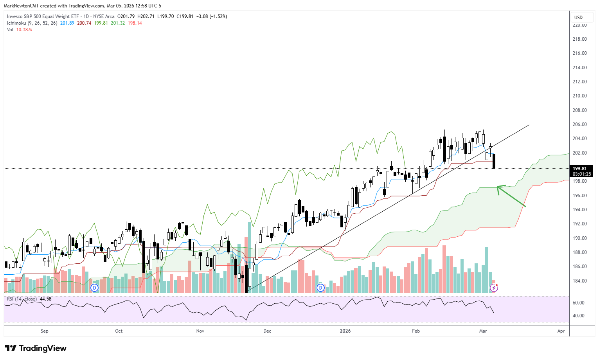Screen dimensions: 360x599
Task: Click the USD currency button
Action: click(578, 17)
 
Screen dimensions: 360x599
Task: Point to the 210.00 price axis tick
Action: click(579, 96)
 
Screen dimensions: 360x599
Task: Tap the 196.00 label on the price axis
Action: click(579, 196)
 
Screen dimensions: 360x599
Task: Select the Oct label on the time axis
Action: click(119, 331)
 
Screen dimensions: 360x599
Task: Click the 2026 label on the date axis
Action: click(345, 331)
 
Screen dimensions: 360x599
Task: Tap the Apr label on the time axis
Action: click(561, 331)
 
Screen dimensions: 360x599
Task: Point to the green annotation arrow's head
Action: click(498, 187)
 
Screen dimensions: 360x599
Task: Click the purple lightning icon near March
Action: click(494, 288)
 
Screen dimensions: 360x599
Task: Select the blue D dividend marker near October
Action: click(94, 288)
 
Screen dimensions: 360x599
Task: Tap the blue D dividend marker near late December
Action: click(320, 288)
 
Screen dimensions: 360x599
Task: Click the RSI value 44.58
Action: click(45, 299)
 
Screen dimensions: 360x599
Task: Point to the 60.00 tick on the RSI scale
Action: click(578, 303)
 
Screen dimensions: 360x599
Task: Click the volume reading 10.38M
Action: click(24, 30)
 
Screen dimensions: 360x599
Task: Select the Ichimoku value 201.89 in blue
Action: click(67, 23)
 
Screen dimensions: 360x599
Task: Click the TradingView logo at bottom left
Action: click(36, 348)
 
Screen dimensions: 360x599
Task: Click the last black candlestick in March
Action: click(494, 161)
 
